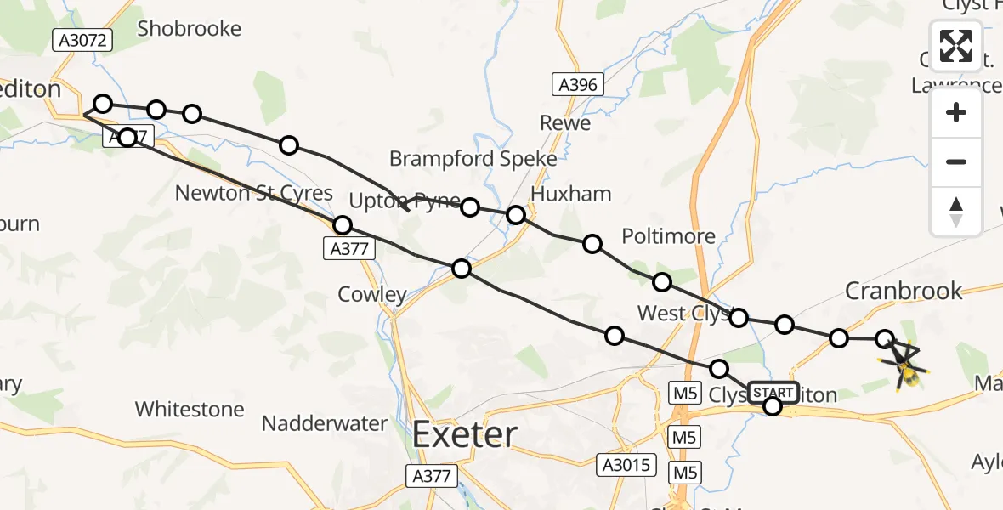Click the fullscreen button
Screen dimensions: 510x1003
[956, 46]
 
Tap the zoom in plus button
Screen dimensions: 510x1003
[956, 113]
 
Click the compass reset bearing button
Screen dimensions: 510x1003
[956, 211]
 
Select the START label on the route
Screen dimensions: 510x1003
[773, 392]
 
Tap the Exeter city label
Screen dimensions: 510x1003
[465, 435]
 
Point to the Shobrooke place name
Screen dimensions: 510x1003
[189, 28]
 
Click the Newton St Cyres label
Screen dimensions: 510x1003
[253, 193]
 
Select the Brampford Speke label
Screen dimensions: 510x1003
[473, 159]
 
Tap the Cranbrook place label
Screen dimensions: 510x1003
[904, 291]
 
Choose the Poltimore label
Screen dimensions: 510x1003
[669, 235]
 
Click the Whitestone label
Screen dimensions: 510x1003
[190, 409]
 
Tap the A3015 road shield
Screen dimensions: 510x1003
[627, 464]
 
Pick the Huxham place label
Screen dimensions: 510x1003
[571, 194]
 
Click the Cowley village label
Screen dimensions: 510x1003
[372, 294]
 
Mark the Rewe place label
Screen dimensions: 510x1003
[565, 123]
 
